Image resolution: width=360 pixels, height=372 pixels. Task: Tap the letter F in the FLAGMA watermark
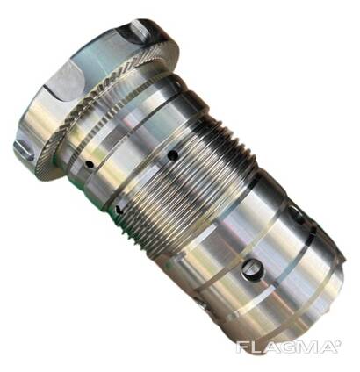click(241, 347)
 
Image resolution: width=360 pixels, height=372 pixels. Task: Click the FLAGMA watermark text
click(284, 347)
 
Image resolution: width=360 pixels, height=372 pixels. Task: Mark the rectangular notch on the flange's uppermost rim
click(138, 30)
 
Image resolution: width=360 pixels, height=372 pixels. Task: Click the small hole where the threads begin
click(119, 209)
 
